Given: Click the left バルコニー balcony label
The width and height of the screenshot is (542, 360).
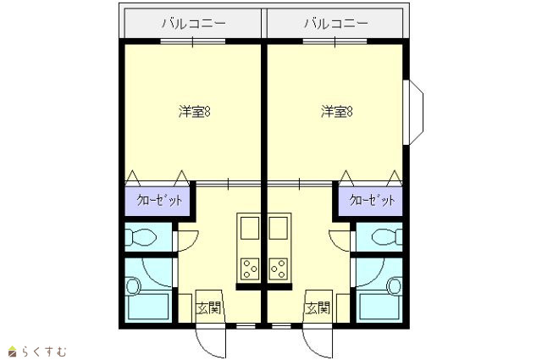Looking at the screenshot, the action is pos(194,24).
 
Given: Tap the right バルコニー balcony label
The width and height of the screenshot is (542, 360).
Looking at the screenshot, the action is pos(336,24).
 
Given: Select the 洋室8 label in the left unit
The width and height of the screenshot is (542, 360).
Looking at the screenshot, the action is pos(195,112).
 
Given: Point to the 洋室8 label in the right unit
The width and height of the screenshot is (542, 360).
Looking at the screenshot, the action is pos(337,112).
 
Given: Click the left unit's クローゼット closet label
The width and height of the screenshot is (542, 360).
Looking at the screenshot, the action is pos(159,200).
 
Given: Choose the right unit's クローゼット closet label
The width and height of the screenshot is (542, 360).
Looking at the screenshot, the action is pos(372,200).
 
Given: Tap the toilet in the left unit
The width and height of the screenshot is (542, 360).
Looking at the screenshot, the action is pos(141,237).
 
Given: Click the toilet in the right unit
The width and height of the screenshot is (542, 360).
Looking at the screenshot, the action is pos(387,237).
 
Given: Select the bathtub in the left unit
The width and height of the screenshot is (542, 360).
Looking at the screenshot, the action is pos(149,307).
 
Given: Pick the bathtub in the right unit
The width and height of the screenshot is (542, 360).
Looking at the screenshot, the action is pos(380,307).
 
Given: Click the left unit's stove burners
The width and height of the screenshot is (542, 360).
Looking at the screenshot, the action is pos(250,269).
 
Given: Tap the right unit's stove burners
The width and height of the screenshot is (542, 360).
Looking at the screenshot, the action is pos(279,269).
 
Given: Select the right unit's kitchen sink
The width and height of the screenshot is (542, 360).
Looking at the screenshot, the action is pos(279,228).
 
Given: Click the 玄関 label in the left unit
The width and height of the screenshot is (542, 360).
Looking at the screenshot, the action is pos(208,307).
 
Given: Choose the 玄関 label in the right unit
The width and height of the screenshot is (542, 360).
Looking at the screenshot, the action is pos(318,307).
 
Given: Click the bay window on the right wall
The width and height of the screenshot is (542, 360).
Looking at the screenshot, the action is pos(413,112).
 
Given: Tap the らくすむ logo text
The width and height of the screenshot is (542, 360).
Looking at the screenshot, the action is pos(44,352).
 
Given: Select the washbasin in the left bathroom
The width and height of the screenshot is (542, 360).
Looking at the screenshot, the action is pos(133,286).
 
